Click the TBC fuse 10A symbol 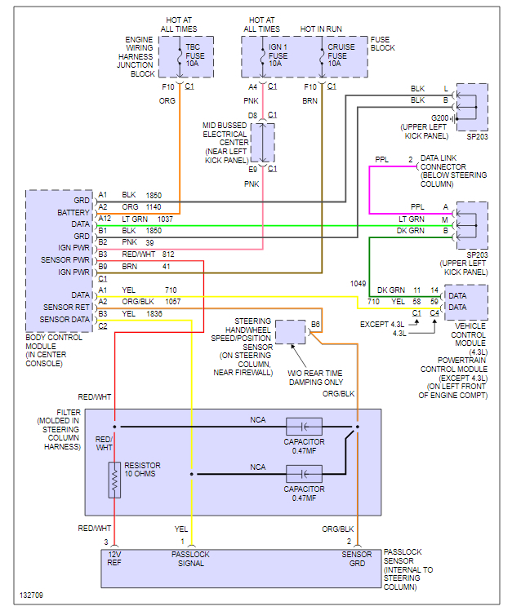180,55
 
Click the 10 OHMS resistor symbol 114,480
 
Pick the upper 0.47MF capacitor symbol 304,427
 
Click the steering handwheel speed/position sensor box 290,332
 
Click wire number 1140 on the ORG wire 154,207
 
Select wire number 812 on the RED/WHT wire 168,255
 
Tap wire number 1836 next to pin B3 155,313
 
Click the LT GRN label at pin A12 134,219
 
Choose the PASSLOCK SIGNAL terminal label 190,559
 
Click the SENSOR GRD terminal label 357,559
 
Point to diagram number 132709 33,596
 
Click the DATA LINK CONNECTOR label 453,166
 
